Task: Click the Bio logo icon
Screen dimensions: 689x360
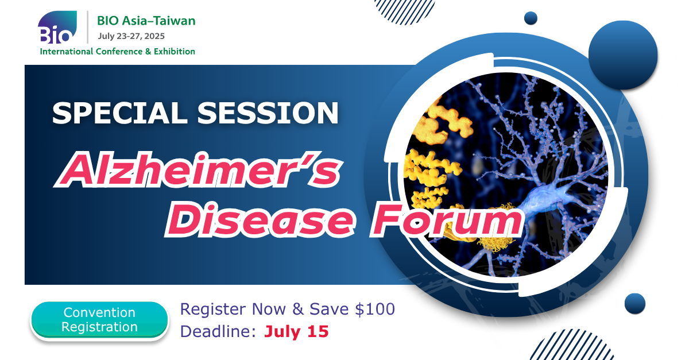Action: pyautogui.click(x=57, y=27)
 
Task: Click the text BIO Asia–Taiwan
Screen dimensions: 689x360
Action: pyautogui.click(x=146, y=21)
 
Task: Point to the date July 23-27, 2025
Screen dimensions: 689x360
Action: pyautogui.click(x=131, y=36)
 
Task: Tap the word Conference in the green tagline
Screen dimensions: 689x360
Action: pyautogui.click(x=119, y=51)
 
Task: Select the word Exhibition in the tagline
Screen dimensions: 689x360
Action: pyautogui.click(x=175, y=51)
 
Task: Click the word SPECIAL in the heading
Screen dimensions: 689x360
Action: pyautogui.click(x=119, y=113)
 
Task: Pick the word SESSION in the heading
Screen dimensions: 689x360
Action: pyautogui.click(x=268, y=113)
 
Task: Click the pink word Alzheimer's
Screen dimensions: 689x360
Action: pyautogui.click(x=199, y=169)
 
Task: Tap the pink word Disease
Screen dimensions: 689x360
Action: pyautogui.click(x=261, y=220)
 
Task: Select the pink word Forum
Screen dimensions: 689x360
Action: pyautogui.click(x=447, y=220)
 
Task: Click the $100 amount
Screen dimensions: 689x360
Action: pyautogui.click(x=374, y=309)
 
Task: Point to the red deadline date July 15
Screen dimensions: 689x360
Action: pyautogui.click(x=296, y=331)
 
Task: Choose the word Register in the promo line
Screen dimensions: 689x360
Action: pyautogui.click(x=213, y=309)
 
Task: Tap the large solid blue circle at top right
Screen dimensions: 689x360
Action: pyautogui.click(x=623, y=55)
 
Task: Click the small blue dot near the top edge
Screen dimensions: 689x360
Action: pyautogui.click(x=531, y=18)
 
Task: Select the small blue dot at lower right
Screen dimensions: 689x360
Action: pyautogui.click(x=635, y=304)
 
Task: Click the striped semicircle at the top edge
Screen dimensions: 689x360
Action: pyautogui.click(x=404, y=11)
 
